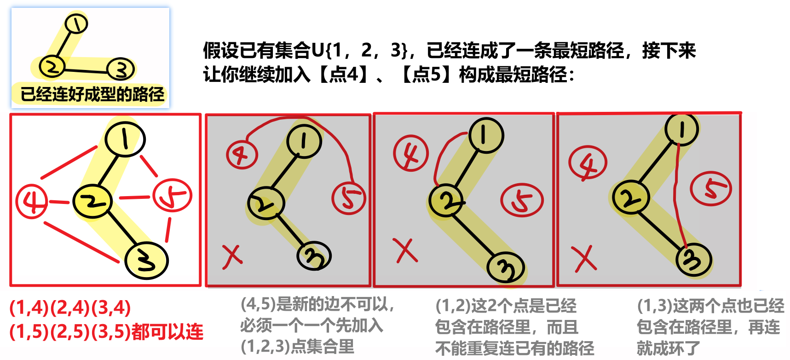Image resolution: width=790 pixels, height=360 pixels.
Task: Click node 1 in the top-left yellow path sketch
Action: pyautogui.click(x=76, y=23)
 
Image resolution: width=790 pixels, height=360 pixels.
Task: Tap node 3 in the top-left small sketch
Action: pyautogui.click(x=121, y=70)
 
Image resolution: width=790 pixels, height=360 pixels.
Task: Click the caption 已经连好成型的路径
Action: pyautogui.click(x=92, y=94)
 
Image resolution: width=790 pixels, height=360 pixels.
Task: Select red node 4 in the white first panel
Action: pyautogui.click(x=31, y=201)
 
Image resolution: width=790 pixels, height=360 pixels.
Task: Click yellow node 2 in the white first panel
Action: pyautogui.click(x=92, y=202)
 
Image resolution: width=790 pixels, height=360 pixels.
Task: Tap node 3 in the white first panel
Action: pyautogui.click(x=147, y=261)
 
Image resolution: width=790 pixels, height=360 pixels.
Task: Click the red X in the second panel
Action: pyautogui.click(x=232, y=256)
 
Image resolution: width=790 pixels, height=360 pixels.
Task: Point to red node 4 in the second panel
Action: pyautogui.click(x=242, y=155)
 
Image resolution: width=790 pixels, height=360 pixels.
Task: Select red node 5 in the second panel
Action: pyautogui.click(x=349, y=198)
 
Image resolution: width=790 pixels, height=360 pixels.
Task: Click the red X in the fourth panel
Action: pyautogui.click(x=584, y=258)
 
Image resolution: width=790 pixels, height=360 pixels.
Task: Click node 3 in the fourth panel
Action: pyautogui.click(x=694, y=260)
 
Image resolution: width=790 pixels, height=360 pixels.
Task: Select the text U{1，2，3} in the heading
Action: pyautogui.click(x=360, y=50)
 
